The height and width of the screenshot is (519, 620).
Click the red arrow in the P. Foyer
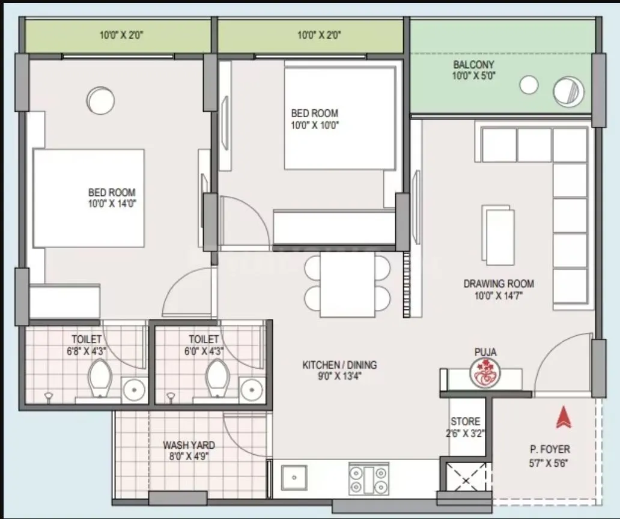tap(563, 418)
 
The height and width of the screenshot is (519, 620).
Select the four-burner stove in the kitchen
tap(368, 479)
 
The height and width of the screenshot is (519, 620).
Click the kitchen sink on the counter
tap(294, 479)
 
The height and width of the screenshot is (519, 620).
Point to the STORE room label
tap(466, 426)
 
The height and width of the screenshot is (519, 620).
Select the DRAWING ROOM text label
tap(499, 289)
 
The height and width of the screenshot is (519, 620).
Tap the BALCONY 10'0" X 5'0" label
tap(474, 70)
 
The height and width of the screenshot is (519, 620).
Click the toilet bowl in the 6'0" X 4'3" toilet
tap(216, 378)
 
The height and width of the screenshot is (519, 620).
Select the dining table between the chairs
tap(347, 284)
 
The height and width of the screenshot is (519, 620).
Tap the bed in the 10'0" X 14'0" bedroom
tap(88, 198)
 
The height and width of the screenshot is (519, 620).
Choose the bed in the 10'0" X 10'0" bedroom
tap(339, 117)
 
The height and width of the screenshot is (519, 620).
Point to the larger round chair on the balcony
tap(568, 93)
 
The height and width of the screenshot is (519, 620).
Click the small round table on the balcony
tap(529, 85)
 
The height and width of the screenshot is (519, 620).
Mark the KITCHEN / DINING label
tap(339, 370)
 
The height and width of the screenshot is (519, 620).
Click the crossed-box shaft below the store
tap(467, 479)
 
